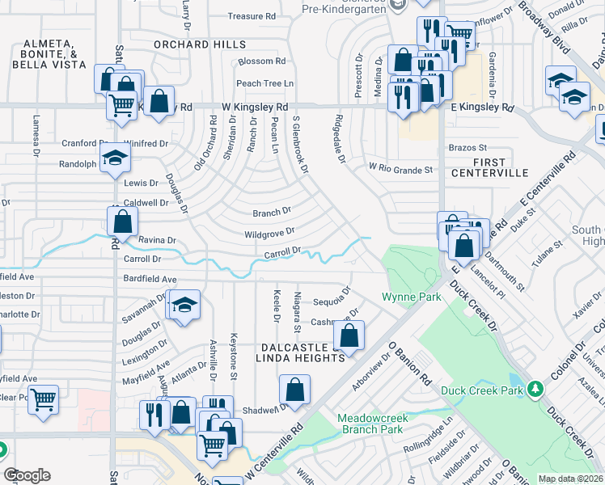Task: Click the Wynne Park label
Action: (412, 297)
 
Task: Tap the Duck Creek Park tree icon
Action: (534, 390)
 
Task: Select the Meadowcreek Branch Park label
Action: (370, 424)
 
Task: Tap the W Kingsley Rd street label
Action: (256, 107)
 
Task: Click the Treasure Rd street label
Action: (252, 16)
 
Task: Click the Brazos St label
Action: (467, 148)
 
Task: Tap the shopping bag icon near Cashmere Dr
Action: (349, 335)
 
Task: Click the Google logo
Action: (27, 475)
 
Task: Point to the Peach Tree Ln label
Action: (264, 83)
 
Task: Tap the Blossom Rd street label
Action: (261, 61)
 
